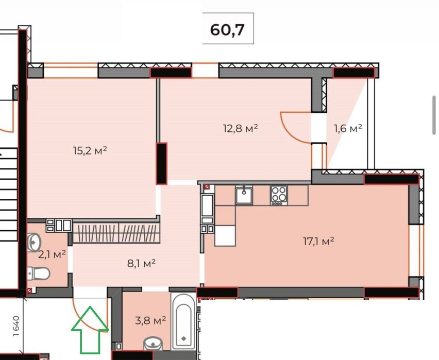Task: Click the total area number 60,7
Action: point(227,30)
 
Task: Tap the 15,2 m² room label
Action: point(90,151)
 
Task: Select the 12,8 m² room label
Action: point(240,128)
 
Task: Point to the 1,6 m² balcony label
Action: point(348,128)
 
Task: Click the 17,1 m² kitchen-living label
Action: point(318,241)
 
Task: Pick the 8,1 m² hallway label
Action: point(141,263)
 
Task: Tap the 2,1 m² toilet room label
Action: point(52,254)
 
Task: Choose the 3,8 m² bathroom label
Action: point(150,320)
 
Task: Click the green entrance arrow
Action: point(90,330)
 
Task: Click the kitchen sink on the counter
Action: point(244,195)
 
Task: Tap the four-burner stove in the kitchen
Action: point(279,195)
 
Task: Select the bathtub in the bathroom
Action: point(183,322)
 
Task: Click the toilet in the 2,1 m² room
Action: point(39,273)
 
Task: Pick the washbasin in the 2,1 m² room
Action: point(34,242)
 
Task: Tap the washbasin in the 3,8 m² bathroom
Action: point(153,343)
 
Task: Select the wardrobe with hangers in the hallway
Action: point(116,233)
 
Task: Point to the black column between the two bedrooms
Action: point(162,163)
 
